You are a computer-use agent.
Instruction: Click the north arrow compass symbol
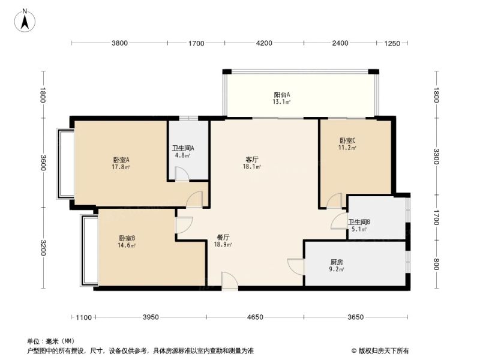click(25, 20)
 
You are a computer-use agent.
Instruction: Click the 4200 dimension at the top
click(264, 43)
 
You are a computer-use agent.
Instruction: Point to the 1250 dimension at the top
click(392, 43)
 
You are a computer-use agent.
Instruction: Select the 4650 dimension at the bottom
click(256, 317)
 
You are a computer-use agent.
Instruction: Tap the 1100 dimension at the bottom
click(83, 317)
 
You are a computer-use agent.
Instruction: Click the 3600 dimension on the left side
click(43, 163)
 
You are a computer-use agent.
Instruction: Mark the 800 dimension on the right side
click(436, 264)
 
